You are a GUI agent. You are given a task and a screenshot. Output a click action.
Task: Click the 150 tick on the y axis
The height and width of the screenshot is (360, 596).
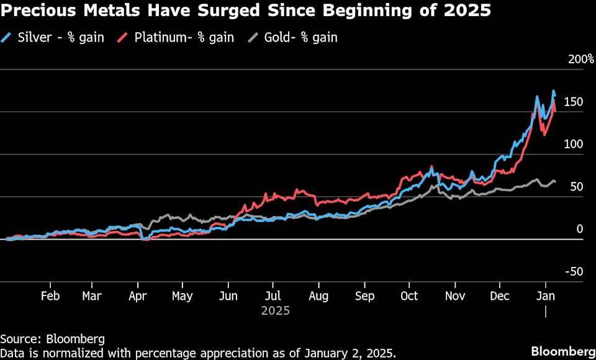click(x=574, y=102)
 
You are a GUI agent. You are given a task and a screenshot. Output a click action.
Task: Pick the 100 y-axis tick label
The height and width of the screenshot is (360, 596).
click(x=574, y=145)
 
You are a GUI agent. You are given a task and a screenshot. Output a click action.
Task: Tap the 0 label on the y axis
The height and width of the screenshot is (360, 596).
click(x=580, y=230)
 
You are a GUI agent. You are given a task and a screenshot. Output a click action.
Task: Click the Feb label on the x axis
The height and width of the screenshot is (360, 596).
click(x=50, y=296)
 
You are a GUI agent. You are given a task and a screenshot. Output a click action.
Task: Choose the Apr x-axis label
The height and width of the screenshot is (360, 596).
click(x=138, y=296)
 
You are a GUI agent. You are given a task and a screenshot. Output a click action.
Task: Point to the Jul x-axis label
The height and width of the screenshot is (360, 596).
click(x=274, y=296)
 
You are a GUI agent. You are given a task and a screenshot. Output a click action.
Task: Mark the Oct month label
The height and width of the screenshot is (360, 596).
click(x=410, y=296)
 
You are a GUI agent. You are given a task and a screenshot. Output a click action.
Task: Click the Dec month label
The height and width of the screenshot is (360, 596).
click(x=499, y=296)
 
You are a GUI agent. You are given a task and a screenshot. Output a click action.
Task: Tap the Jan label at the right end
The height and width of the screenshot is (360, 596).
click(x=545, y=296)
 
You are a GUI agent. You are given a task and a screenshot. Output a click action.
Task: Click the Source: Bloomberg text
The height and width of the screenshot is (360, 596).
click(x=52, y=339)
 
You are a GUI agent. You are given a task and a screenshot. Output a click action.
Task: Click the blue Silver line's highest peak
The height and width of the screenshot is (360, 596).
click(x=554, y=91)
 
